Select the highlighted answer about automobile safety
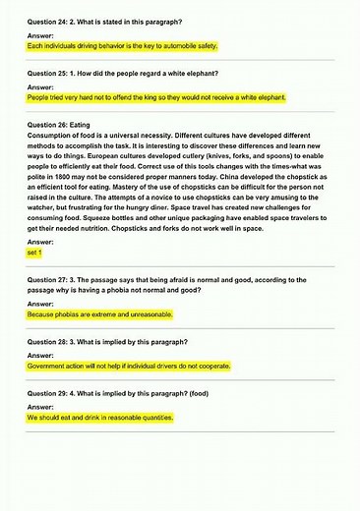tap(123, 46)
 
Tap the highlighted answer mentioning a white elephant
tap(157, 99)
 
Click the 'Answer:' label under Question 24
tap(40, 34)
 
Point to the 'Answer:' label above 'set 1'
tap(40, 242)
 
